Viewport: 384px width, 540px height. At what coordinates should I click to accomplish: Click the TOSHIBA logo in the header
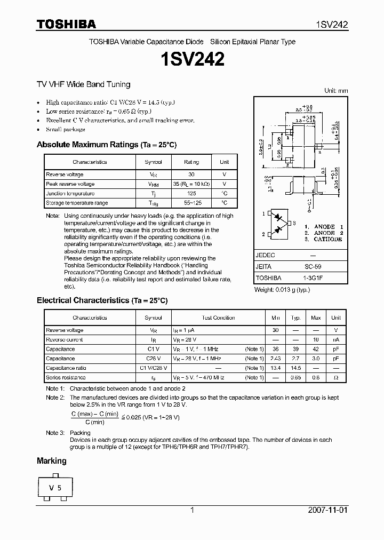[x=66, y=24]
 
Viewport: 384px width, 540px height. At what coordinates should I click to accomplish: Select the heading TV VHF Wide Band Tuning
[x=83, y=84]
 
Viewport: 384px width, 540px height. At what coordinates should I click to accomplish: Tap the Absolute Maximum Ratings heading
[x=107, y=145]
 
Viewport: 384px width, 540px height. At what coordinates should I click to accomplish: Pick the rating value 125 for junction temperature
[x=191, y=194]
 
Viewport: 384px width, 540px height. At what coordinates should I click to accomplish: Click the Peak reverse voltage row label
[x=70, y=184]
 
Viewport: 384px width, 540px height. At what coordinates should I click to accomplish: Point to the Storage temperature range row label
[x=77, y=203]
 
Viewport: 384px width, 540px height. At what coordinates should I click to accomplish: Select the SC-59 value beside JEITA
[x=313, y=266]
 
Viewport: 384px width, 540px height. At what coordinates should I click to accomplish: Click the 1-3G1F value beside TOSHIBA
[x=313, y=278]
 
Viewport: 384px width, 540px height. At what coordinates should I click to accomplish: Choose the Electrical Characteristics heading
[x=102, y=300]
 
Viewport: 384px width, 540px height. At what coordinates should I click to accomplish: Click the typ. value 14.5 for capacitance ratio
[x=296, y=368]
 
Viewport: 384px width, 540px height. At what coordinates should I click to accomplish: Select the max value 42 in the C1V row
[x=316, y=349]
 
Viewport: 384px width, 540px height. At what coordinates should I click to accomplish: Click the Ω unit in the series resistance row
[x=336, y=378]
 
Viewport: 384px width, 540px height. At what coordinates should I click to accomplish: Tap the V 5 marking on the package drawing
[x=55, y=488]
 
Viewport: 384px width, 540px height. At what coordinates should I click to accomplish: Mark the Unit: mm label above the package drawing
[x=336, y=91]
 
